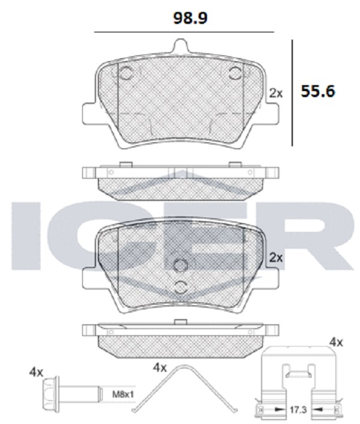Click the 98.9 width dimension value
(x=190, y=19)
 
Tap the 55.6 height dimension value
(x=318, y=91)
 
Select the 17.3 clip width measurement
(x=298, y=410)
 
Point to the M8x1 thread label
(x=123, y=395)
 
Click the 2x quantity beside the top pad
(x=276, y=94)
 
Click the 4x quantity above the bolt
(x=36, y=372)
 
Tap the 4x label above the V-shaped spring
(x=160, y=368)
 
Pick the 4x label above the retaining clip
(x=336, y=342)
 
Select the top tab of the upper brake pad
(x=181, y=46)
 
